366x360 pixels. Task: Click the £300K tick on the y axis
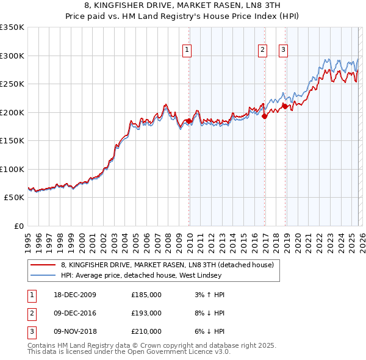[12, 56]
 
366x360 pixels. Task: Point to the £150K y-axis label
[12, 140]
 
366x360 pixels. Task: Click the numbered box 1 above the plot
[186, 51]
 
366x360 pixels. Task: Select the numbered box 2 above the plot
[262, 51]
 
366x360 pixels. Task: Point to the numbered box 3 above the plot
[284, 51]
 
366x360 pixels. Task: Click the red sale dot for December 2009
[188, 121]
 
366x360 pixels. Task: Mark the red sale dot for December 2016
[264, 117]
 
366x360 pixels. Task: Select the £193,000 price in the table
[146, 313]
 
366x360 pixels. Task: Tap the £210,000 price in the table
[146, 331]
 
